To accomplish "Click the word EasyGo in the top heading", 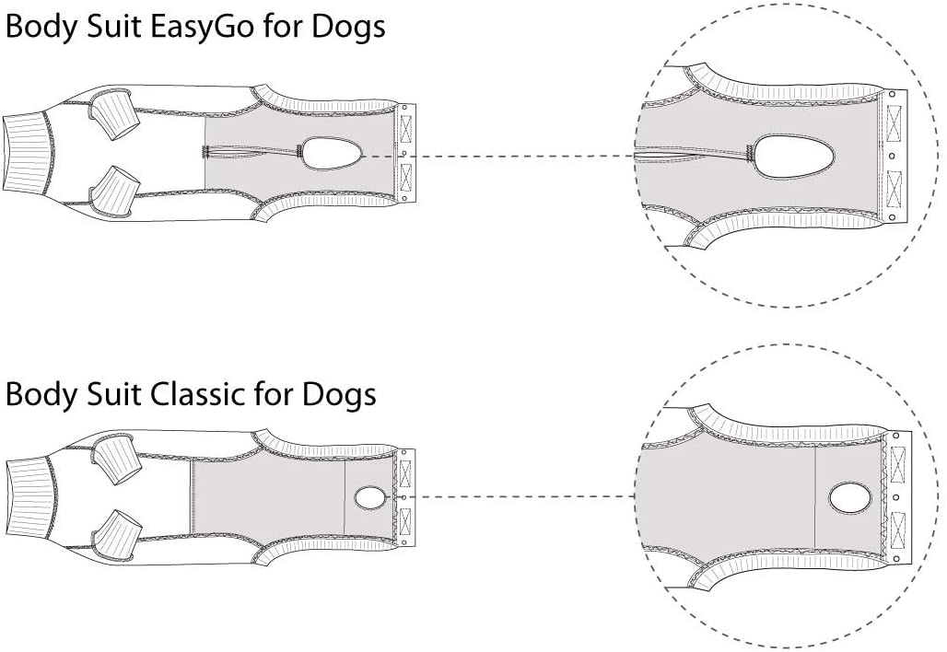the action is click(x=202, y=28).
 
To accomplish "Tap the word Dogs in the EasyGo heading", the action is click(x=348, y=28).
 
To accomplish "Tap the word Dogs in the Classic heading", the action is click(x=339, y=394).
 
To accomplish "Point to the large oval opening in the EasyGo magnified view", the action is click(x=795, y=157).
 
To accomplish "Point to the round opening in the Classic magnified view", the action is click(x=850, y=497).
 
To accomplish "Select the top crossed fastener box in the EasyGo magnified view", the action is click(x=894, y=116).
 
